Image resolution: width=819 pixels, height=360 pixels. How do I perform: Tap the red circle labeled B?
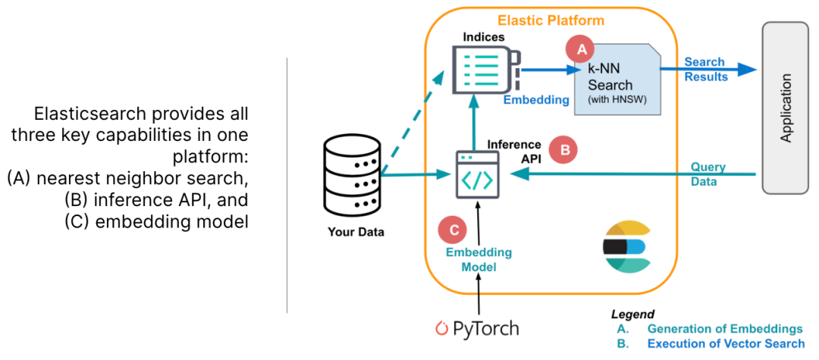click(x=565, y=150)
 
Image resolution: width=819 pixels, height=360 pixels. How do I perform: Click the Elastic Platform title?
click(x=551, y=21)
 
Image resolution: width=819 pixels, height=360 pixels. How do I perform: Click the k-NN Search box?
click(x=617, y=78)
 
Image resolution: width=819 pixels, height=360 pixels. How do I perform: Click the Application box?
click(x=786, y=108)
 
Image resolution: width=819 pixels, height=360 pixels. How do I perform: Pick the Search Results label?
click(x=706, y=70)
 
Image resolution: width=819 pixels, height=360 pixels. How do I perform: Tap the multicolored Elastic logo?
click(x=626, y=247)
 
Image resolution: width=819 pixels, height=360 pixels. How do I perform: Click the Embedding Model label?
click(x=478, y=260)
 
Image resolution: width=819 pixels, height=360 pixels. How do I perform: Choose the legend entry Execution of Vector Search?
click(x=726, y=344)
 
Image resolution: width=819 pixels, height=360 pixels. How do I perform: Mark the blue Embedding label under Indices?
click(x=536, y=99)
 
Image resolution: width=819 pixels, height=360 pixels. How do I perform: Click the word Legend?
click(x=632, y=315)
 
